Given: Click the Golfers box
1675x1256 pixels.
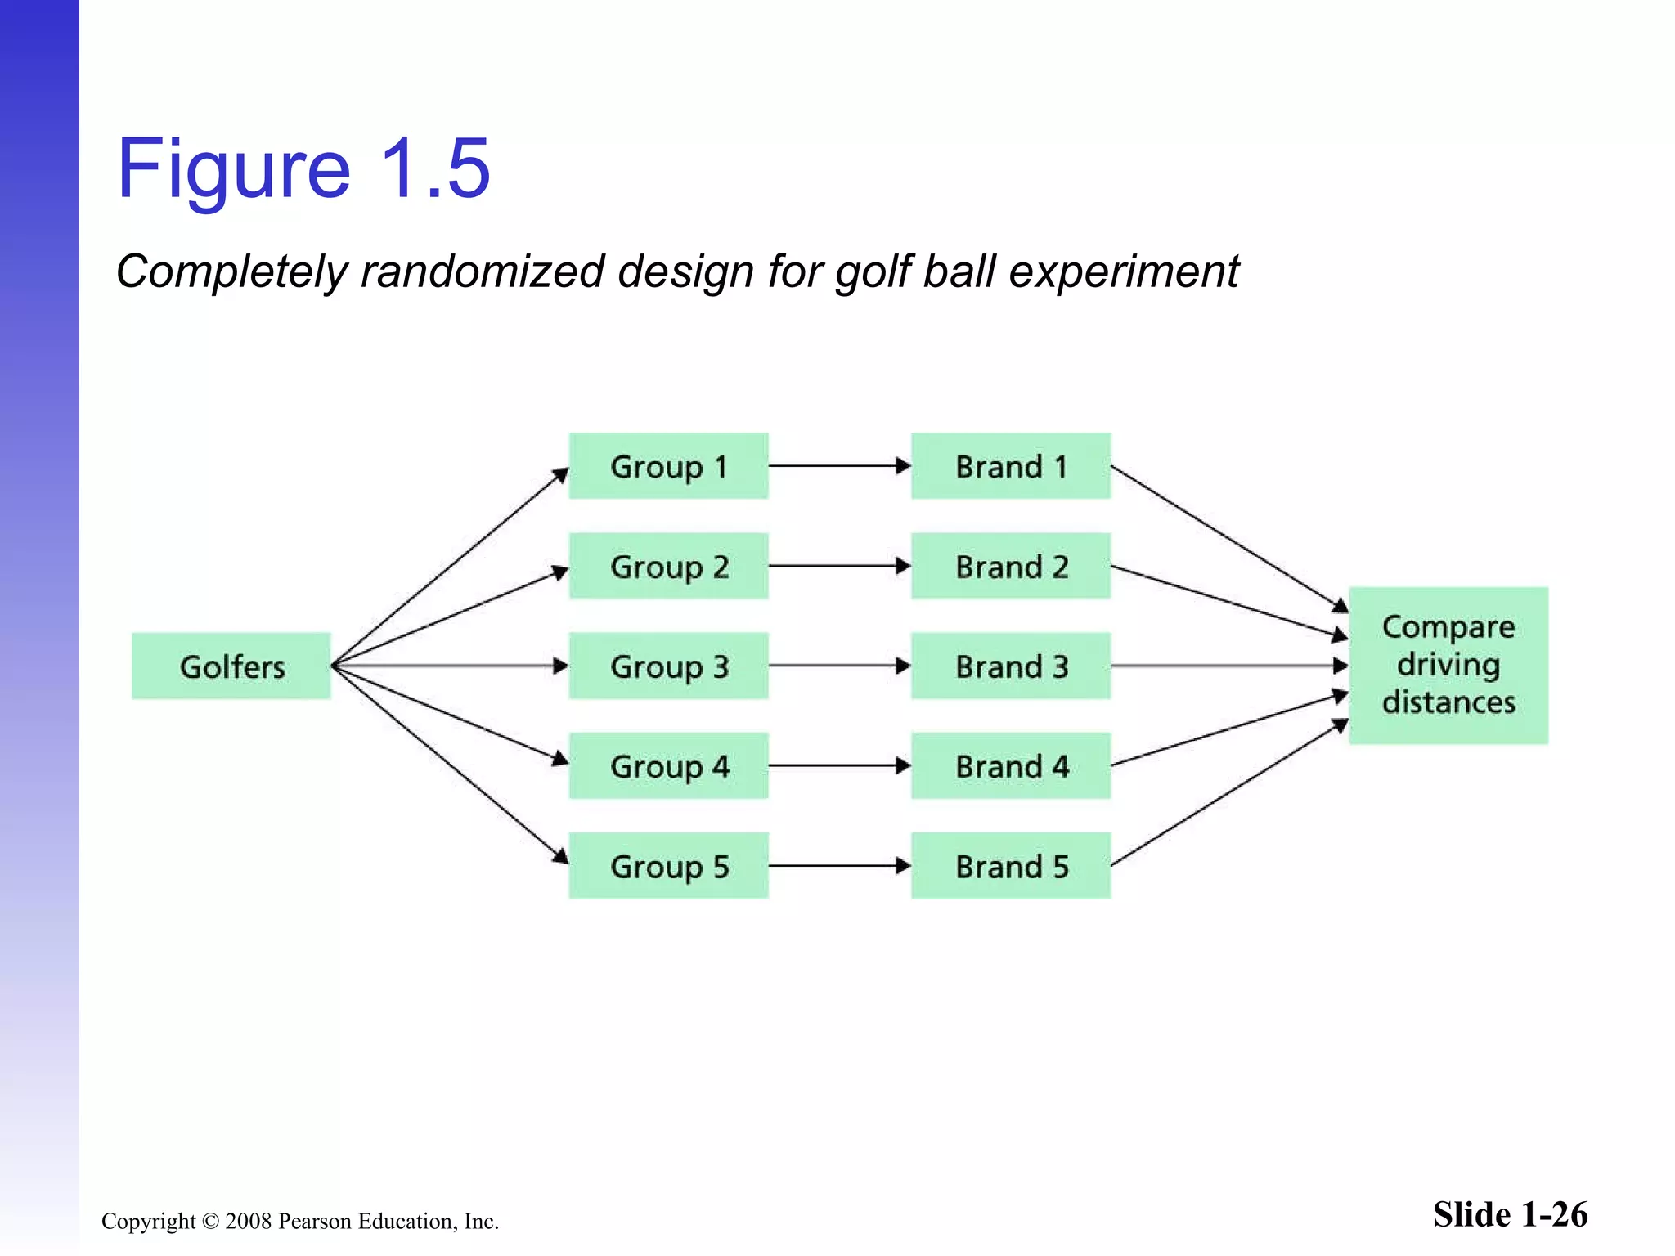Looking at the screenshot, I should pos(231,666).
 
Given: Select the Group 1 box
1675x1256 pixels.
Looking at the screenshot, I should pos(668,466).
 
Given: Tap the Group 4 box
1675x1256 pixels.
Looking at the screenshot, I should pos(668,765).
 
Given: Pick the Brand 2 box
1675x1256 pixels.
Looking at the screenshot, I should pos(1011,566).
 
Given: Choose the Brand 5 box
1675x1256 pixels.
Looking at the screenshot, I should pos(1011,865).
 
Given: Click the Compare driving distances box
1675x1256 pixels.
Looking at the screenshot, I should pos(1448,665).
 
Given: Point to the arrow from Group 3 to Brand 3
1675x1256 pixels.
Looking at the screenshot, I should pos(838,666).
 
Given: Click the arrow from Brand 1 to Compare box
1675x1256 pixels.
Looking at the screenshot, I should pos(1227,537).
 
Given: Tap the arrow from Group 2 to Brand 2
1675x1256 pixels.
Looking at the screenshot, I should pos(838,566).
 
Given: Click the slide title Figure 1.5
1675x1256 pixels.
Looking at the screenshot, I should pos(303,168).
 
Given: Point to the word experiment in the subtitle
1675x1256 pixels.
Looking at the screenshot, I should pos(1124,273).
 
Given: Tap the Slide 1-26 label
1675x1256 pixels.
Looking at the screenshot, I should pos(1509,1214).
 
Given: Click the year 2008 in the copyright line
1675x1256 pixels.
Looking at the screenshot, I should pos(248,1222).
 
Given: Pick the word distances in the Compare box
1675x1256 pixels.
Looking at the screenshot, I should pos(1448,702).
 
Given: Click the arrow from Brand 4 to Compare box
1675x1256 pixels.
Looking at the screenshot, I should pos(1227,730).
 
